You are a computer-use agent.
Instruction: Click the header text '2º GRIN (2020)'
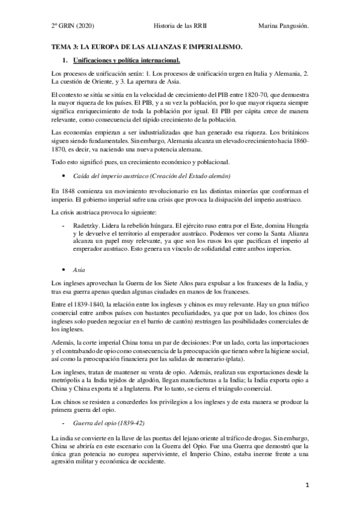pyautogui.click(x=73, y=26)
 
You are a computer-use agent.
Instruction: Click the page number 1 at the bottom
pyautogui.click(x=307, y=484)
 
